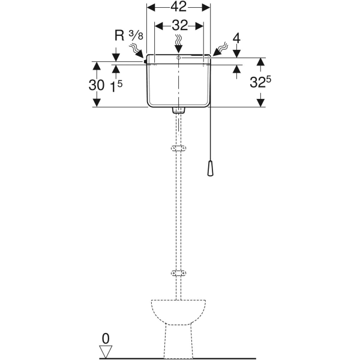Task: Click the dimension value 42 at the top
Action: pos(178,7)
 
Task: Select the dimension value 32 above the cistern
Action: pos(178,25)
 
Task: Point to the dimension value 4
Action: pos(236,38)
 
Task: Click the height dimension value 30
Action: pos(96,85)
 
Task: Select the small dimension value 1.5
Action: pos(116,85)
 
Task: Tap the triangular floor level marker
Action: pos(107,350)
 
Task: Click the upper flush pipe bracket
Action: pos(178,148)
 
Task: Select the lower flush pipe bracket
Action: pos(178,273)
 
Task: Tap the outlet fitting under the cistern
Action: pos(178,110)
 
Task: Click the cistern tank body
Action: pos(178,84)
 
